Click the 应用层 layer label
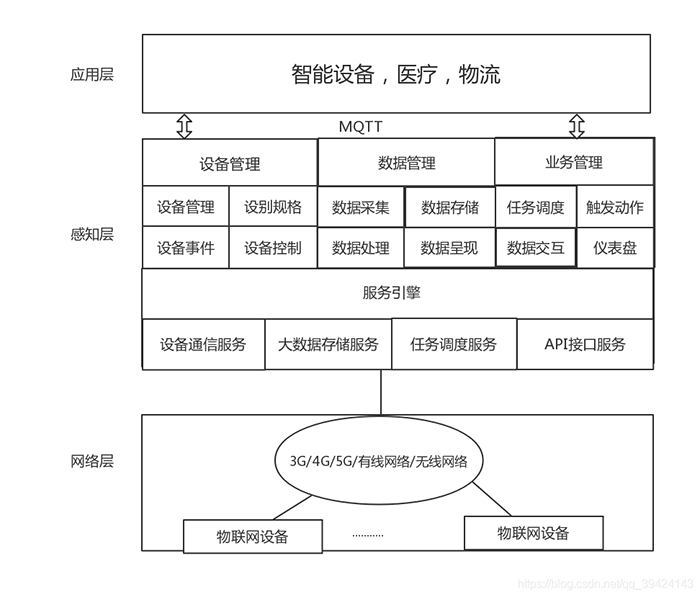(92, 74)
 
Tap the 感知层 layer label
(92, 235)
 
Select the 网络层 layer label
(92, 461)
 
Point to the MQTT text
(362, 127)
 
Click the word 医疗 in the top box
(417, 74)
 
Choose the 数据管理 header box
(406, 163)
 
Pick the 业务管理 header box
(574, 162)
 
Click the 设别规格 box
(273, 207)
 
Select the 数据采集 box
(361, 208)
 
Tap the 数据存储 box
(450, 208)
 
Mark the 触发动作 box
(615, 208)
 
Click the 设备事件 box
(185, 248)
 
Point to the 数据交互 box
(536, 248)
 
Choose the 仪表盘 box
(615, 248)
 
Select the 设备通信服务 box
(203, 344)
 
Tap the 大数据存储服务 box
(328, 344)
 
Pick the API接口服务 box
(585, 344)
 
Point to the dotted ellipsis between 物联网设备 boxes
(368, 535)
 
